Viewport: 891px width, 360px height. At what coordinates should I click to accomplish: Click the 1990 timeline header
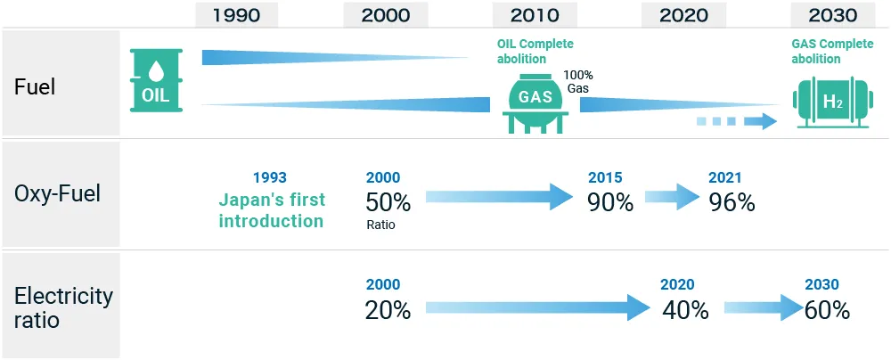point(236,15)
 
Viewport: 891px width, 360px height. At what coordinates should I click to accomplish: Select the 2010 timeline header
point(535,15)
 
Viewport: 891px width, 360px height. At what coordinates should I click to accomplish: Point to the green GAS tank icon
point(535,102)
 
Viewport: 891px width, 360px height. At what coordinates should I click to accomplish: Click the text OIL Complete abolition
point(535,51)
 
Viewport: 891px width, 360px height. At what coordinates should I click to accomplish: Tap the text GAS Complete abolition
point(830,51)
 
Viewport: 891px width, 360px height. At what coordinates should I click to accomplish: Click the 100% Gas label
point(578,82)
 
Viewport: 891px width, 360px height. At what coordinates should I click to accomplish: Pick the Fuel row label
point(35,87)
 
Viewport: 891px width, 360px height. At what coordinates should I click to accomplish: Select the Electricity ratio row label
point(63,307)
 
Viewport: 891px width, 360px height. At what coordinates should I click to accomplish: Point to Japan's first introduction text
point(271,209)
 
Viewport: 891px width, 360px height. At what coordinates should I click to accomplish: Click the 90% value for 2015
point(610,202)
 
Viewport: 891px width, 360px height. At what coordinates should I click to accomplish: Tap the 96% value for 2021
point(732,202)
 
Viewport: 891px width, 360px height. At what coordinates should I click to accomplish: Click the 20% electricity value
point(388,310)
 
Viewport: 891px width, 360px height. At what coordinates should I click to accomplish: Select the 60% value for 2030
point(827,310)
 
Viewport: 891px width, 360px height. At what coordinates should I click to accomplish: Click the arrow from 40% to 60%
point(763,308)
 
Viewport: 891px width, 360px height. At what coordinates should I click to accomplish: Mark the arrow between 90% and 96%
point(672,197)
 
